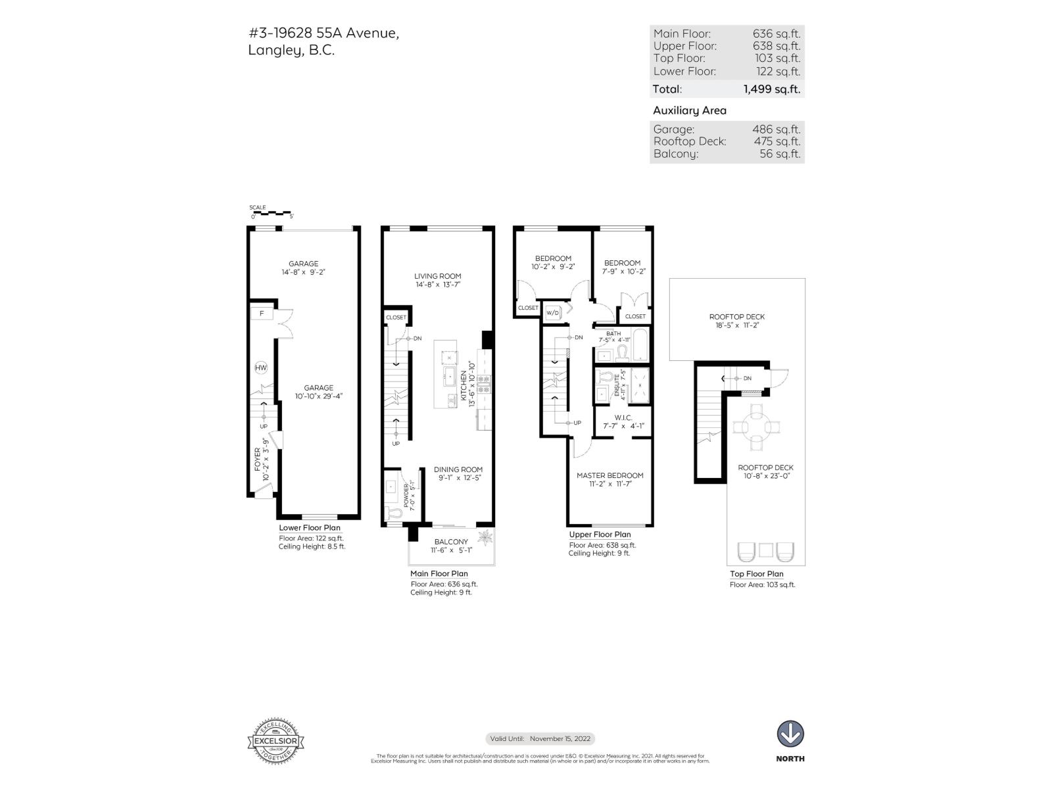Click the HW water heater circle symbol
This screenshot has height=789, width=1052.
tap(261, 368)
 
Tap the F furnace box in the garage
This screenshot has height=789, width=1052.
tap(262, 313)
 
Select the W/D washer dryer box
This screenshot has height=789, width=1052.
tap(552, 313)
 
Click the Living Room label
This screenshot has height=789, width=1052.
tap(437, 276)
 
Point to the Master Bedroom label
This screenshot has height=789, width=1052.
tap(610, 475)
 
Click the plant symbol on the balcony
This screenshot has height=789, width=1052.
tap(485, 537)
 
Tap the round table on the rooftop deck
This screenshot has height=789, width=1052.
tap(757, 427)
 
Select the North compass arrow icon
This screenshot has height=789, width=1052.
tap(790, 734)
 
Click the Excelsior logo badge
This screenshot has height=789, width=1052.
tap(275, 741)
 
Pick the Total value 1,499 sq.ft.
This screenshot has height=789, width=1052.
tap(771, 89)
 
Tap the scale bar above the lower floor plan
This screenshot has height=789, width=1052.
tap(271, 213)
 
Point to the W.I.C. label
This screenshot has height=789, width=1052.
tap(623, 418)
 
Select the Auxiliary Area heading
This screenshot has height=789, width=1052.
tap(689, 110)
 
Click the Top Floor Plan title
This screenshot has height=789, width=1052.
tap(756, 574)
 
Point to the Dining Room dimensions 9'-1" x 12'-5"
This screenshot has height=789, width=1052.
tap(458, 478)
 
